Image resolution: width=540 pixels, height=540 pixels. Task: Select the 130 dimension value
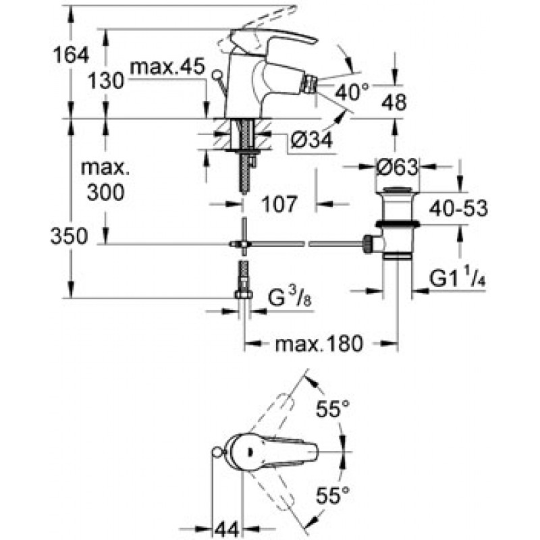pos(106,82)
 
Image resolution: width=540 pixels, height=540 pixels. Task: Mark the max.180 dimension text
pos(319,344)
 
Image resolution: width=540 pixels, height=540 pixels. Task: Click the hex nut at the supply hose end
pos(243,294)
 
